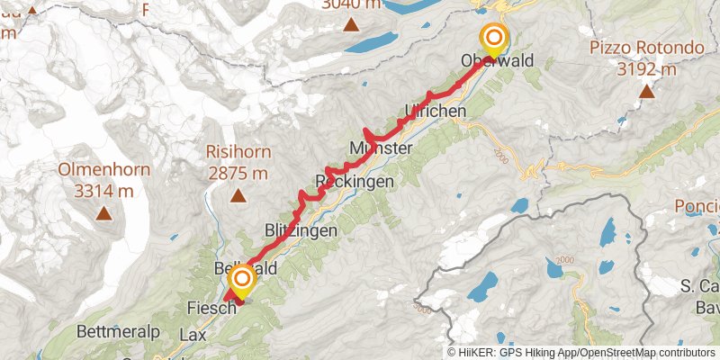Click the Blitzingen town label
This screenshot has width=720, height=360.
coord(301,230)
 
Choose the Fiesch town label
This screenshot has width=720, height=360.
coord(211,308)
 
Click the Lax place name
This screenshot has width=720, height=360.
coord(193,334)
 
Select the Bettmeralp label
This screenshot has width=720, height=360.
coord(119,332)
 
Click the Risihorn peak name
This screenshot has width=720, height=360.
coord(238,153)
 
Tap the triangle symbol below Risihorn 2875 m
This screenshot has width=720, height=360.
coord(238,195)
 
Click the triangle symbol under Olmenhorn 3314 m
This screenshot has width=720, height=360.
coord(104,213)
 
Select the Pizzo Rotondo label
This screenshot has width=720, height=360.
coord(646,48)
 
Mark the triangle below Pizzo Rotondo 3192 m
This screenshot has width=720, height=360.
coord(646,90)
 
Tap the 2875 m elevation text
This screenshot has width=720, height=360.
coord(238,173)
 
